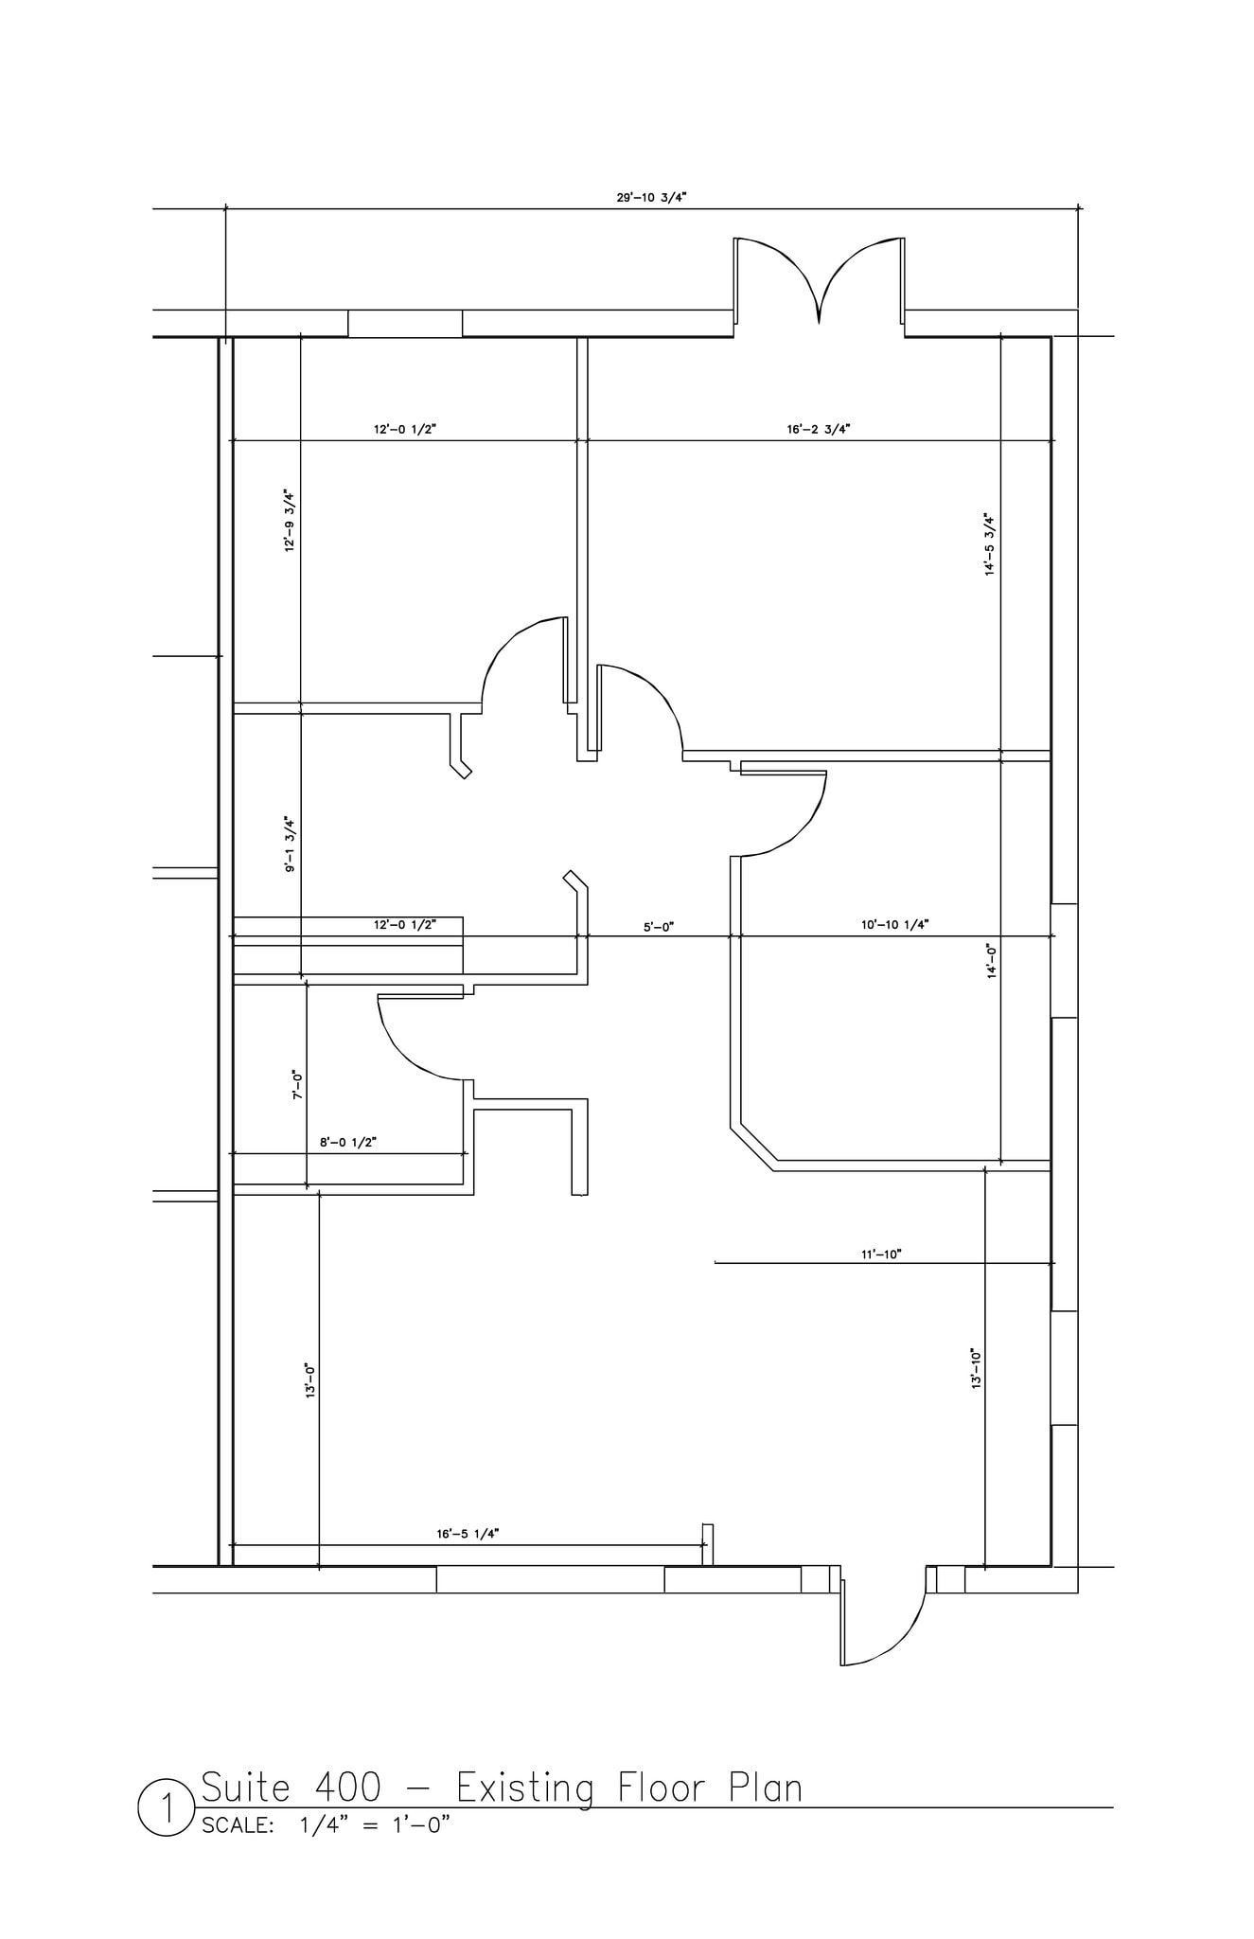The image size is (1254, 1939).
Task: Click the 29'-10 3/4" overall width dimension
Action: (651, 198)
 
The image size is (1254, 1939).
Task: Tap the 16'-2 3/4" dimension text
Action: (819, 429)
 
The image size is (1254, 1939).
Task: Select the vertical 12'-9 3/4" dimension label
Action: (290, 521)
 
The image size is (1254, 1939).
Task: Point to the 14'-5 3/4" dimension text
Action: (990, 544)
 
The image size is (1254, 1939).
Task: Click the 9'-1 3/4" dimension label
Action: (290, 844)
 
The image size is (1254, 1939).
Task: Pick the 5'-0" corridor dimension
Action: (658, 927)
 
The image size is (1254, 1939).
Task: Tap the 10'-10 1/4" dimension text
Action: (894, 924)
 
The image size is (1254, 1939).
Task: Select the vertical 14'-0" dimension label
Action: (992, 960)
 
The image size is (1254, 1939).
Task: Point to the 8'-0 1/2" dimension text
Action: (348, 1143)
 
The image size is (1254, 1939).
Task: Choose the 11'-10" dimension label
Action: (881, 1254)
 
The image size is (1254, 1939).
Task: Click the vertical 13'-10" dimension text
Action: (976, 1368)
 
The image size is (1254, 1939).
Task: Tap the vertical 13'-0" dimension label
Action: (309, 1381)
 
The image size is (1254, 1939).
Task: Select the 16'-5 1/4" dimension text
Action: (468, 1534)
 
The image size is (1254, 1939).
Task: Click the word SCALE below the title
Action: (237, 1826)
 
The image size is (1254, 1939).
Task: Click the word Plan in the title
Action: (766, 1788)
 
